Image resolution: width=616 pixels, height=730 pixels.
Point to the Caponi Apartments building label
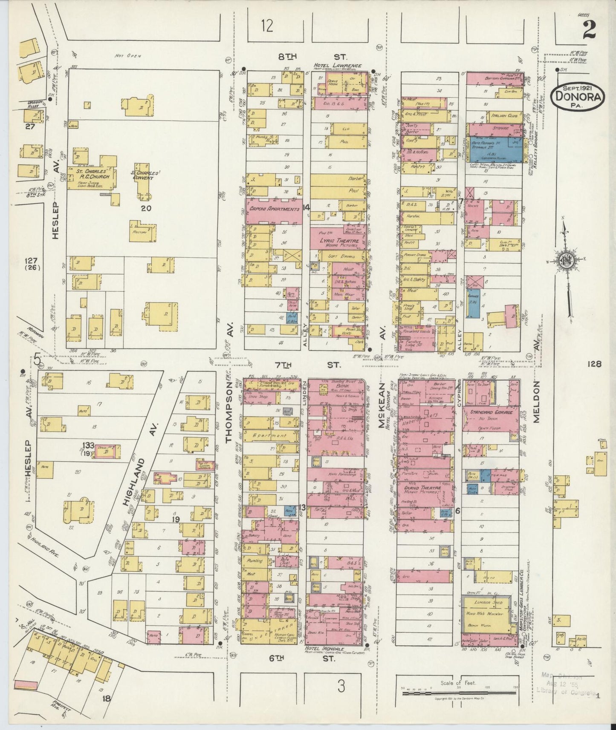(274, 209)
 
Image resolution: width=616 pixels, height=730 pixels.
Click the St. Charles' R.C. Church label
(93, 174)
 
